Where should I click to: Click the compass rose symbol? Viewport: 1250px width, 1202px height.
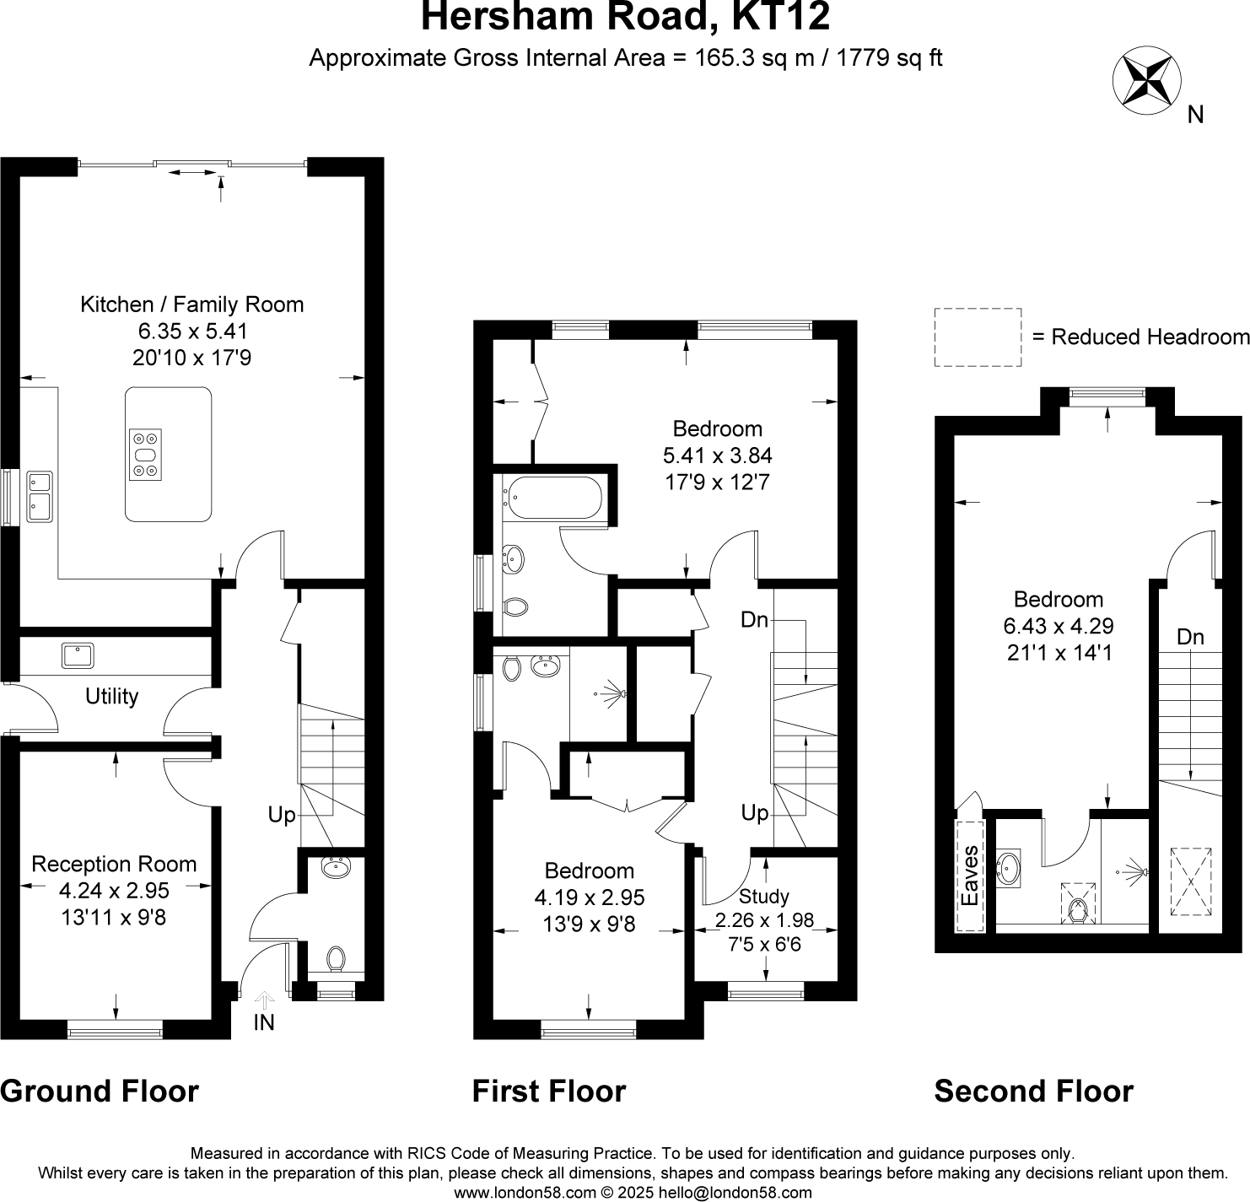tap(1144, 82)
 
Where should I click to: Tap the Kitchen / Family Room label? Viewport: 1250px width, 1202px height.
tap(191, 305)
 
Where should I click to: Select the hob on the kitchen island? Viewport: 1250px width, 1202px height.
tap(145, 455)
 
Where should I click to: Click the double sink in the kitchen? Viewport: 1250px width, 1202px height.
tap(39, 496)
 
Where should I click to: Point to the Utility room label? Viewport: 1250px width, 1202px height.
tap(111, 697)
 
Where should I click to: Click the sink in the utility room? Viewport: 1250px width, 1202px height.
tap(78, 655)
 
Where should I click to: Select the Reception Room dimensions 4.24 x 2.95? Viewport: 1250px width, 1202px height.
tap(114, 891)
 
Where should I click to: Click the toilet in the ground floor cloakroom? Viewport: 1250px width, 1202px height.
tap(336, 959)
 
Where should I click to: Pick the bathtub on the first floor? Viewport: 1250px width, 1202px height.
tap(552, 498)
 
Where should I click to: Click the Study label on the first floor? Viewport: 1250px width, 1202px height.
tap(763, 896)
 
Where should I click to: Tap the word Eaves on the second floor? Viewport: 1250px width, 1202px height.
tap(971, 875)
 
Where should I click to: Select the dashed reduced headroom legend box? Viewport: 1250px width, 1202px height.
tap(978, 337)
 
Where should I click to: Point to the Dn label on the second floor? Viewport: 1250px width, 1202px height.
tap(1190, 638)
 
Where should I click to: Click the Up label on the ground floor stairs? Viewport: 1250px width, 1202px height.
tap(282, 815)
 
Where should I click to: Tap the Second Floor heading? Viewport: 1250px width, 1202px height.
tap(1033, 1092)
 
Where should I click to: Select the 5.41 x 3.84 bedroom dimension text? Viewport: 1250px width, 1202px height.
tap(717, 455)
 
